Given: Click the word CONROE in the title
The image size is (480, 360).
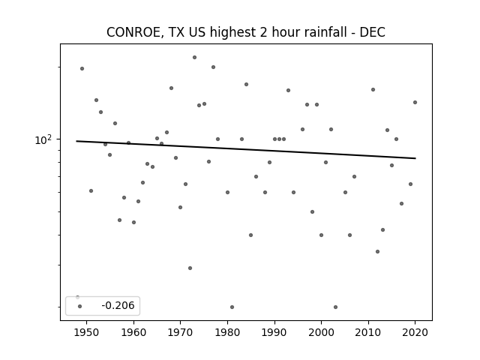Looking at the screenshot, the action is [133, 32].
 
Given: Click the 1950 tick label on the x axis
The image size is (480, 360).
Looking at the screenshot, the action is [87, 332].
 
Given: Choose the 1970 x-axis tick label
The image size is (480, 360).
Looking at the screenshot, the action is [180, 332].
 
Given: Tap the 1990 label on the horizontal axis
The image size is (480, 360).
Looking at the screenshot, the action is [274, 332].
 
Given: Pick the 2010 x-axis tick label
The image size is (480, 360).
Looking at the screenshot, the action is [368, 332].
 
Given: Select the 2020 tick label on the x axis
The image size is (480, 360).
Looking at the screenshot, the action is [415, 332].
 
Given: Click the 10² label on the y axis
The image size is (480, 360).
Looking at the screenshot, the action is [43, 140].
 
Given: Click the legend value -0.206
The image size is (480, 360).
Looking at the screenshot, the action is [118, 305].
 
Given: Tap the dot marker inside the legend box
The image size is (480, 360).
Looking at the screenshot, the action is [80, 306].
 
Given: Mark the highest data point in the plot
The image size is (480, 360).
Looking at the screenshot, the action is [194, 57].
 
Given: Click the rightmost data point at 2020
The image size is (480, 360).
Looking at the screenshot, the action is [415, 102].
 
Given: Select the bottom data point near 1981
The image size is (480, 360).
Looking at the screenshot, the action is [232, 307].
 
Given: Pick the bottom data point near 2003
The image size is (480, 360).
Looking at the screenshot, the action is [335, 307].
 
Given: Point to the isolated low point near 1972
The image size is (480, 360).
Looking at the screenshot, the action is [190, 268].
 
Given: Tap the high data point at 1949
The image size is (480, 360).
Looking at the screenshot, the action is [82, 68].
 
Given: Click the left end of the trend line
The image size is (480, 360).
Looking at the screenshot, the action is [76, 141].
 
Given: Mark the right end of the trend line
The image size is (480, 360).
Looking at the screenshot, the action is [415, 158].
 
